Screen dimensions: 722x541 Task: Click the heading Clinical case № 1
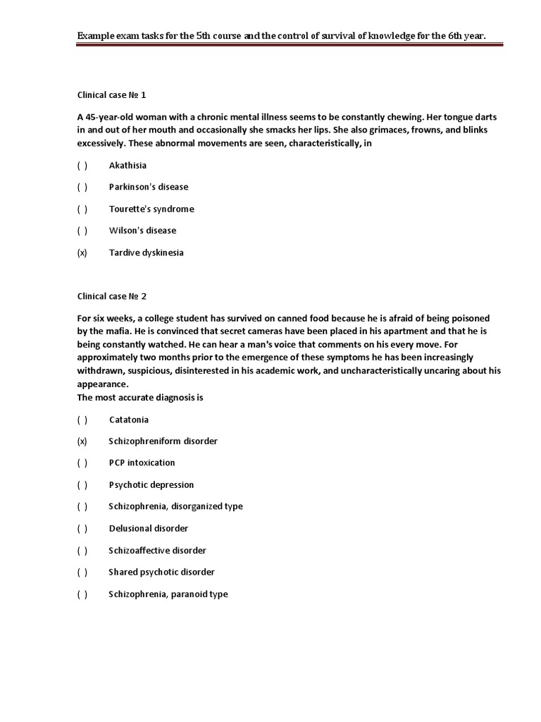pos(111,94)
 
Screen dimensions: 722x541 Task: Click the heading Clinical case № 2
pos(111,296)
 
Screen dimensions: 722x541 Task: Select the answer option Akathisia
pos(128,166)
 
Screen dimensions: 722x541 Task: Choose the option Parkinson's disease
pos(149,188)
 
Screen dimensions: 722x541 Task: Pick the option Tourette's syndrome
pos(151,209)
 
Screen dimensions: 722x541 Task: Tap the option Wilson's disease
pos(142,231)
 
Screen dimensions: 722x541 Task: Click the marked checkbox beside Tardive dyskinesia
pos(82,252)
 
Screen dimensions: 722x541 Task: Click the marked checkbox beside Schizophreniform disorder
pos(82,441)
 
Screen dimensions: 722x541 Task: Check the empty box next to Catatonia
pos(82,420)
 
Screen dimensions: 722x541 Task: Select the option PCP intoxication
pos(142,463)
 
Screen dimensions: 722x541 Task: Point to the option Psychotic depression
pos(151,485)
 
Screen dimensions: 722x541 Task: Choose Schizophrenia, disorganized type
pos(175,507)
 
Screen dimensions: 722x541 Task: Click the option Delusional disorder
pos(149,529)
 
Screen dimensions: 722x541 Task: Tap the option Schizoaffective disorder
pos(157,551)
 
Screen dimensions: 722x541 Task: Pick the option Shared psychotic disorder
pos(161,573)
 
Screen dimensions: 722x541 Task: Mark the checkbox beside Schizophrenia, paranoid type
pos(82,594)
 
